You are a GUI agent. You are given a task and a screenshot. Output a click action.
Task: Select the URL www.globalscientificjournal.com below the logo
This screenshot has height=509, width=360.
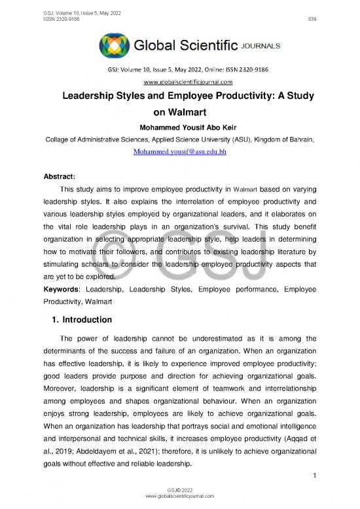pyautogui.click(x=179, y=82)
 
